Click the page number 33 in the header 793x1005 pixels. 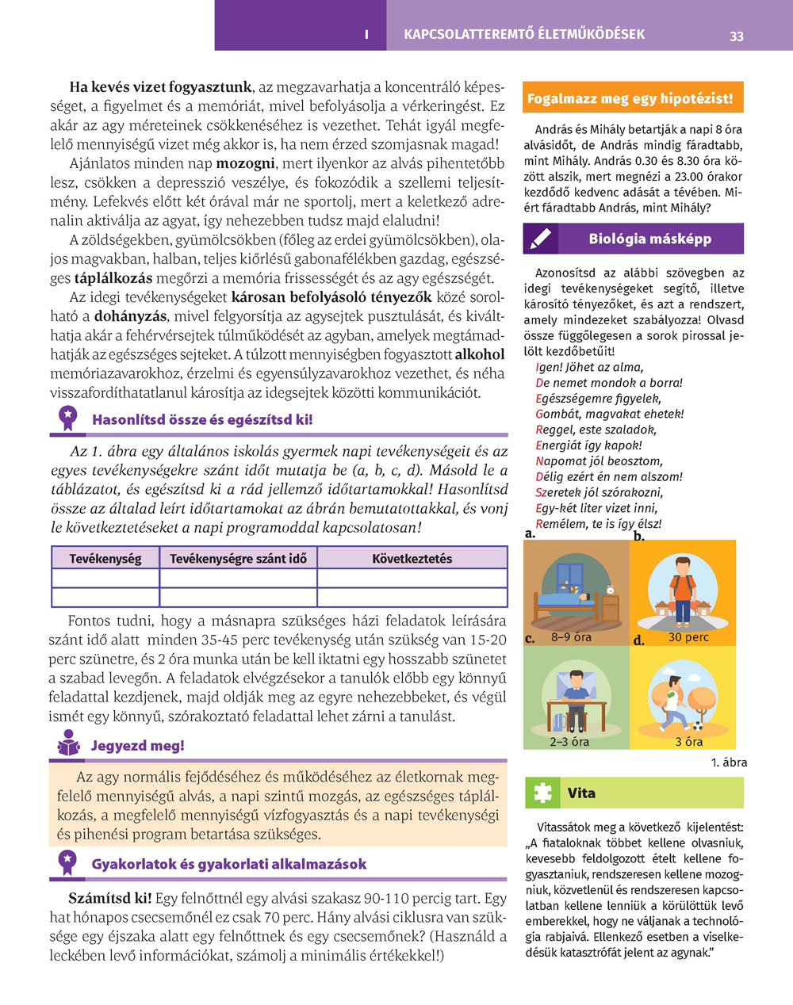point(737,36)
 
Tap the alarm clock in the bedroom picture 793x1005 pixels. point(610,590)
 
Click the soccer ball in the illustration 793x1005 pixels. point(699,725)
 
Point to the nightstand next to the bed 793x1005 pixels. point(611,608)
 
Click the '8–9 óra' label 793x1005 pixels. point(571,636)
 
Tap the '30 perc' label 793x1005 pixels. point(688,636)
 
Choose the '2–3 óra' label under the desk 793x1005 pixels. point(569,742)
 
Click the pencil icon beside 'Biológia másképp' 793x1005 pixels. point(541,239)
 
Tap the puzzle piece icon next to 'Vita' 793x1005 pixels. point(542,793)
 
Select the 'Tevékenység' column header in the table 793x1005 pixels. point(105,559)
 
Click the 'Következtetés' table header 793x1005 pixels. point(412,559)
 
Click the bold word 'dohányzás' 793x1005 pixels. point(128,318)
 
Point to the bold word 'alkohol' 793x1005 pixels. point(480,354)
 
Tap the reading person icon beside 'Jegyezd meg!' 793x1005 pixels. point(69,745)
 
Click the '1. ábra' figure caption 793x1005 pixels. point(729,762)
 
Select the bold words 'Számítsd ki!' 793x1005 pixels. point(110,898)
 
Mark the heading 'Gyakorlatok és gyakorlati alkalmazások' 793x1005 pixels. point(229,864)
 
